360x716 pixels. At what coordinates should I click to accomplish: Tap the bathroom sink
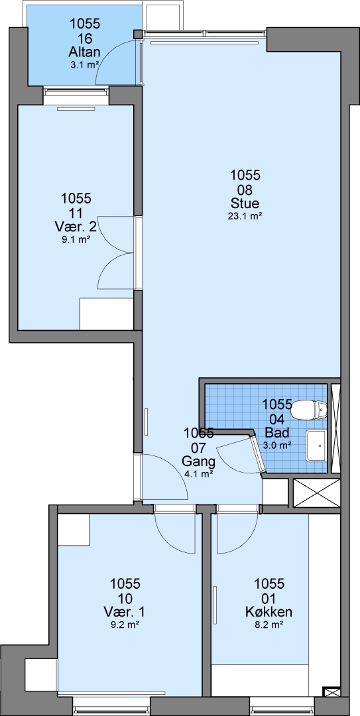click(x=317, y=446)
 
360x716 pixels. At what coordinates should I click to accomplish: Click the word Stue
click(x=245, y=204)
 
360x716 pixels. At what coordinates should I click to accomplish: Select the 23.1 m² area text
click(x=245, y=217)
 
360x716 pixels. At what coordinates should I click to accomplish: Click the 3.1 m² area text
click(x=84, y=65)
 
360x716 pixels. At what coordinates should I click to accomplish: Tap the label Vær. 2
click(x=76, y=226)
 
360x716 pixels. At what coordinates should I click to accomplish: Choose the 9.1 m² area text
click(x=76, y=239)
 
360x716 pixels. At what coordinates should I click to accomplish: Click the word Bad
click(x=276, y=432)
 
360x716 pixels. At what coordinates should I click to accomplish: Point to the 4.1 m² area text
click(x=198, y=474)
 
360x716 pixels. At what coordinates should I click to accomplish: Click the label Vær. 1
click(x=125, y=611)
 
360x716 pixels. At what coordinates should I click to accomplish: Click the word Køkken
click(x=269, y=611)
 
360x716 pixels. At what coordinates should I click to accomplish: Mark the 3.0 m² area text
click(x=277, y=444)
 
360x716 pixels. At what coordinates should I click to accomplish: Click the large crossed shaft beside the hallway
click(x=316, y=492)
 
